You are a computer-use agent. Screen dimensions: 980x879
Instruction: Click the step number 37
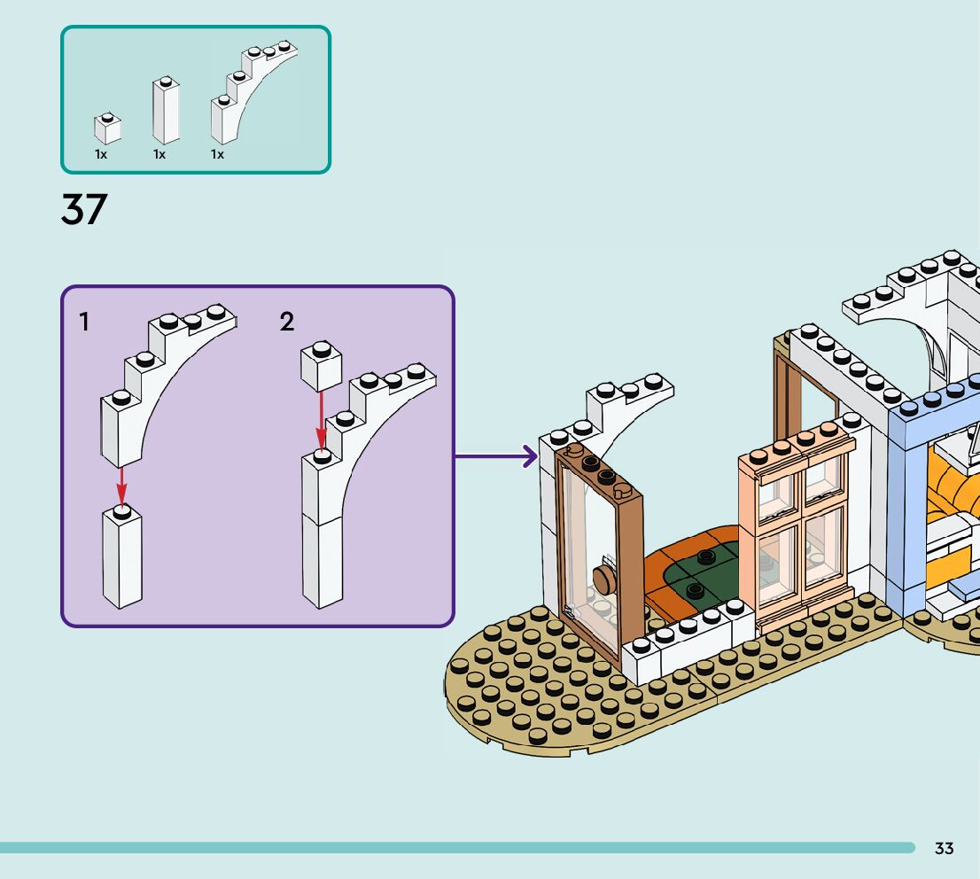click(x=84, y=209)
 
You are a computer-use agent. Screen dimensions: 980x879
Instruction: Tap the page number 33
click(x=944, y=848)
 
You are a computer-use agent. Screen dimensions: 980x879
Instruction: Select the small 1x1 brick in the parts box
click(x=107, y=128)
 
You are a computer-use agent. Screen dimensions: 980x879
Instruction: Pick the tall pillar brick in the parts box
click(x=166, y=110)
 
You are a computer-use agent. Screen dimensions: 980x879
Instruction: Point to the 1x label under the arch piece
click(x=217, y=154)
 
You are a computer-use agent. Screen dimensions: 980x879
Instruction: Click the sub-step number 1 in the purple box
click(x=84, y=322)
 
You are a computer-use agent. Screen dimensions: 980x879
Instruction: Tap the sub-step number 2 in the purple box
click(x=287, y=322)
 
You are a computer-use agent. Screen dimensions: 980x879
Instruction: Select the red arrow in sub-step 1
click(x=121, y=486)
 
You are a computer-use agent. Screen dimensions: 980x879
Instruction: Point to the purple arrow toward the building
click(x=495, y=455)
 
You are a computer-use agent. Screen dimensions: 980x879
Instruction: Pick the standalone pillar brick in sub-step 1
click(x=122, y=556)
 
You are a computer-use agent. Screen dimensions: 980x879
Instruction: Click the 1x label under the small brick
click(x=101, y=154)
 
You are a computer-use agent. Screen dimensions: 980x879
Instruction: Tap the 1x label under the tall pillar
click(x=159, y=154)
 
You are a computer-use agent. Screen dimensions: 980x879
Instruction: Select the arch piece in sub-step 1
click(x=167, y=385)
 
